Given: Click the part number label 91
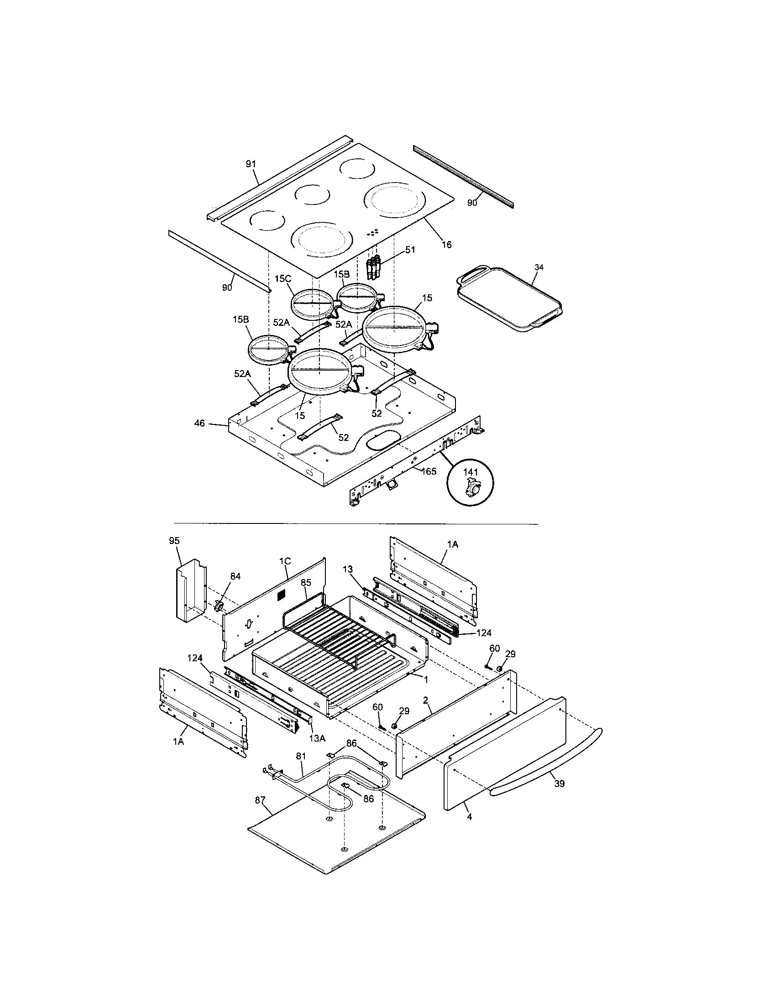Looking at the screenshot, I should click(251, 164).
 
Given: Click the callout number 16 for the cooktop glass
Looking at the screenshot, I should click(446, 245).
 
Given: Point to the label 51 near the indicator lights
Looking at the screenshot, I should click(409, 250).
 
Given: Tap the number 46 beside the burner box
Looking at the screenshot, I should click(199, 423).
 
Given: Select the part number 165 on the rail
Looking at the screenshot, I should click(429, 471).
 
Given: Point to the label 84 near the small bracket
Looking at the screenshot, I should click(235, 576).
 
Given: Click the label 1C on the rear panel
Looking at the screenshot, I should click(285, 561).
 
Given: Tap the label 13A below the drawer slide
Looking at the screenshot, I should click(317, 738).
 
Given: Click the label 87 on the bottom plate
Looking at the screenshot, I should click(260, 800).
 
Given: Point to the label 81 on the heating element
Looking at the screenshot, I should click(301, 756).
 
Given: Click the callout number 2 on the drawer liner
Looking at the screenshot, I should click(426, 700).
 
